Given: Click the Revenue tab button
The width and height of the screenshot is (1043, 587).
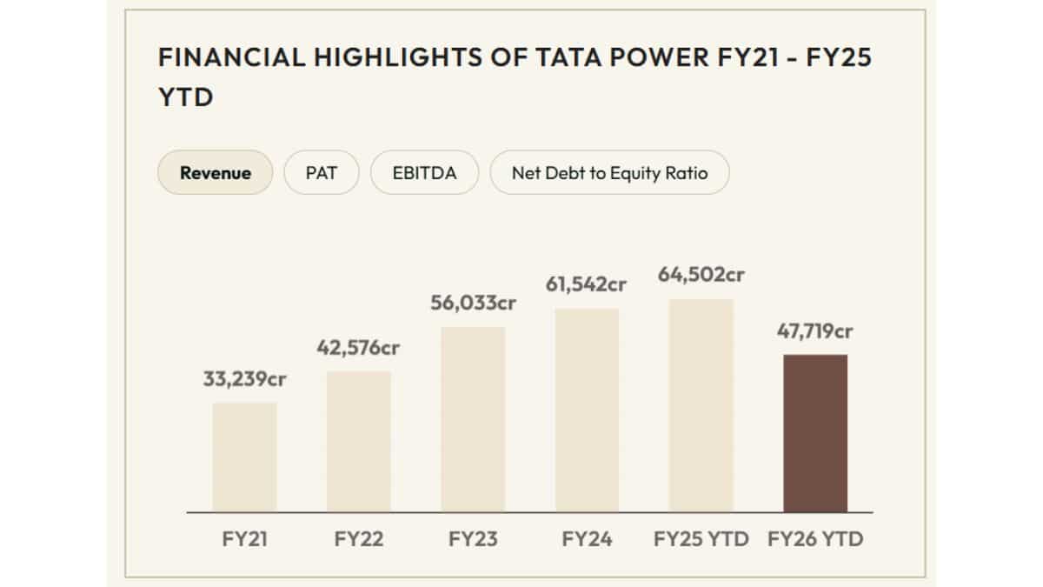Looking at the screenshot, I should click(x=216, y=172).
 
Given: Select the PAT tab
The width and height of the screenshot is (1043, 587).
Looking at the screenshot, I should click(x=321, y=172).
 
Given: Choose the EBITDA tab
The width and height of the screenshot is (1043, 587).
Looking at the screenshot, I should click(x=425, y=172).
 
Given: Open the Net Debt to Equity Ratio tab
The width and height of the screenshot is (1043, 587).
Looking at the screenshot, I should click(x=609, y=172).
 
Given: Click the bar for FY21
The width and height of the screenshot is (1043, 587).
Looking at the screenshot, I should click(x=244, y=457).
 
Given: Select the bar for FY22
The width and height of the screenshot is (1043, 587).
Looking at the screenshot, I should click(x=359, y=442).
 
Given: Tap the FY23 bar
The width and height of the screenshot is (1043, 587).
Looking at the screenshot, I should click(x=473, y=419).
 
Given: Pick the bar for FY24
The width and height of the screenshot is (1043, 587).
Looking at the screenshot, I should click(x=587, y=410).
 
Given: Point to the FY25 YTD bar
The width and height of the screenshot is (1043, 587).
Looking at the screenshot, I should click(x=701, y=406).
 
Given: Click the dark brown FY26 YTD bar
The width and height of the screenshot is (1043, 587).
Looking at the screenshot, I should click(x=815, y=433).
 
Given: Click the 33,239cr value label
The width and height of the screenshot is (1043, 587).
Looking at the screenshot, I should click(x=244, y=379).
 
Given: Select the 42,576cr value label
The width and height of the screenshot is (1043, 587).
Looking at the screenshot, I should click(x=359, y=348).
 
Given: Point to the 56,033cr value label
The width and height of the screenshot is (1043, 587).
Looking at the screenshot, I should click(x=473, y=304).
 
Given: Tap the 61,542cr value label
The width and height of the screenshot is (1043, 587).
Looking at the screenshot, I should click(x=587, y=285).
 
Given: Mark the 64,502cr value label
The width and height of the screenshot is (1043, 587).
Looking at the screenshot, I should click(x=701, y=276).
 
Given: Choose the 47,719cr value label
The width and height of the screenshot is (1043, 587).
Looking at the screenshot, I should click(x=815, y=331).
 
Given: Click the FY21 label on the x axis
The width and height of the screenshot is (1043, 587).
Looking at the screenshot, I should click(x=244, y=539).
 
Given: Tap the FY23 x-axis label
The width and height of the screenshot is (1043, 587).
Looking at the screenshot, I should click(x=473, y=539).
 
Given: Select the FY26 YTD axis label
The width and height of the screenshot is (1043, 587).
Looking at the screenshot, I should click(x=815, y=539).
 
